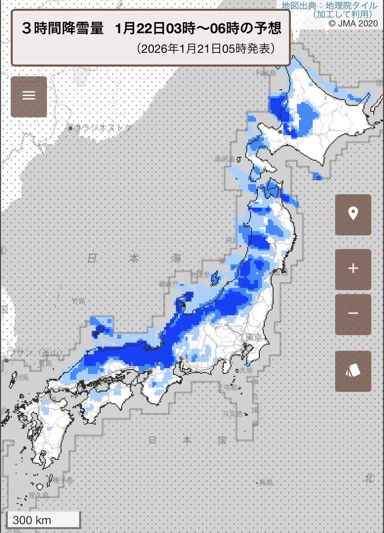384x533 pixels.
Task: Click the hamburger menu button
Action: [29, 96]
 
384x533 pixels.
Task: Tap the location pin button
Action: [353, 215]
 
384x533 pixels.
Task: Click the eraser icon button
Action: [353, 371]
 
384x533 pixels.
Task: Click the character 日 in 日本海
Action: [92, 258]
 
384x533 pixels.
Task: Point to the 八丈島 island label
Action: [232, 413]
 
